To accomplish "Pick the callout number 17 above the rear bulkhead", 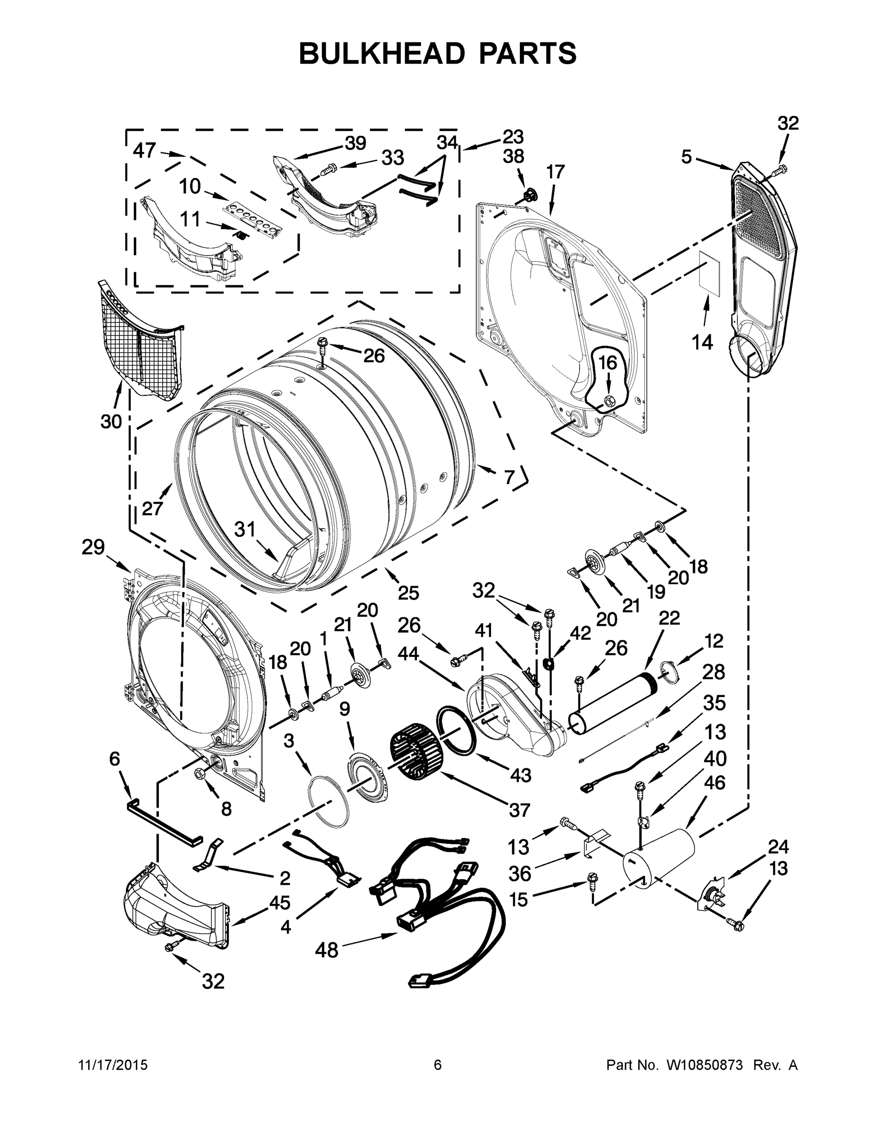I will (x=555, y=172).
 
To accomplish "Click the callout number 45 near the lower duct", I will (x=279, y=902).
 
